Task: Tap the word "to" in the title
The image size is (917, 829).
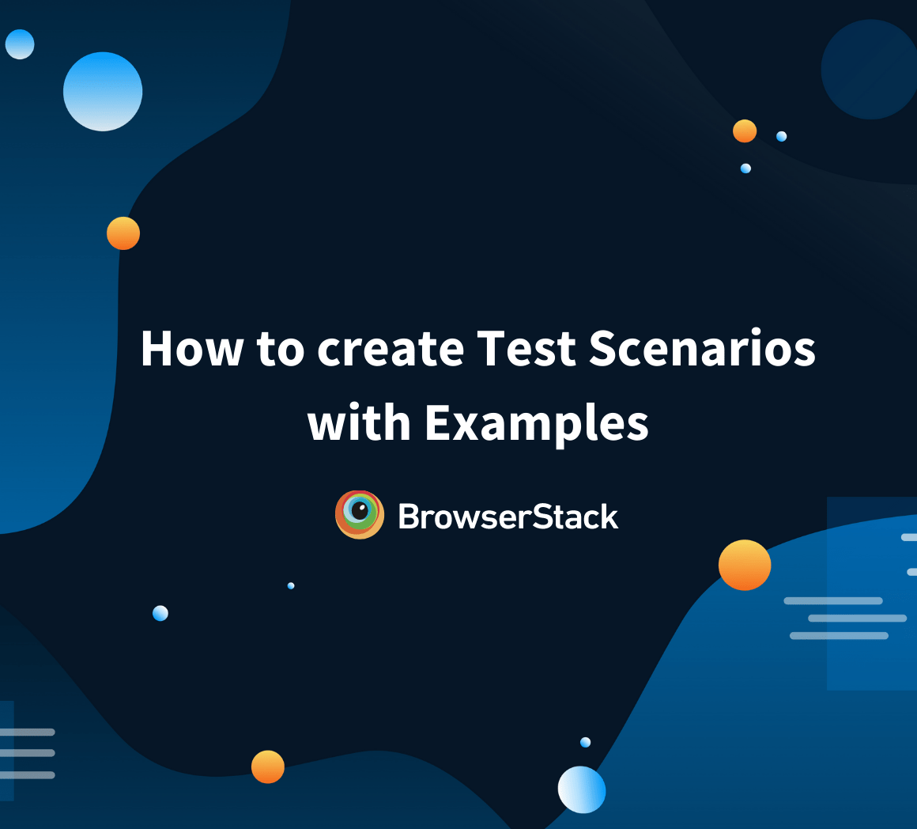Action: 281,348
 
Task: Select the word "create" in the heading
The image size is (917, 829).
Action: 390,348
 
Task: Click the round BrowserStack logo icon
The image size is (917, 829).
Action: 360,515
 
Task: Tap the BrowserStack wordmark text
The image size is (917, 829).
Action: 508,517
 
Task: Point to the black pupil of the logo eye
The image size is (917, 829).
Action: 360,511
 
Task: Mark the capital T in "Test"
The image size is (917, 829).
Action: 492,348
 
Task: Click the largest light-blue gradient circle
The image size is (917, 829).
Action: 103,92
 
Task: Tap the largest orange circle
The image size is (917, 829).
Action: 745,565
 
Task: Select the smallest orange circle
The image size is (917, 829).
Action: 745,131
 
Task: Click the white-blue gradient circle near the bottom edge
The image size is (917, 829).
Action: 582,789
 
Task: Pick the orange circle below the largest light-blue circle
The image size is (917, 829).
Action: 123,233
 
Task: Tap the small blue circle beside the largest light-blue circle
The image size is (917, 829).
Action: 20,44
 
